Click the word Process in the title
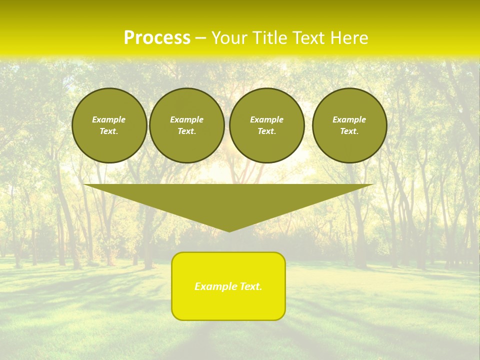157,37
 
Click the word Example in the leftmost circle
109,119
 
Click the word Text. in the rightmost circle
349,131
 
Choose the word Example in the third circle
267,119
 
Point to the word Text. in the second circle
187,131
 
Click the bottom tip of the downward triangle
229,231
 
